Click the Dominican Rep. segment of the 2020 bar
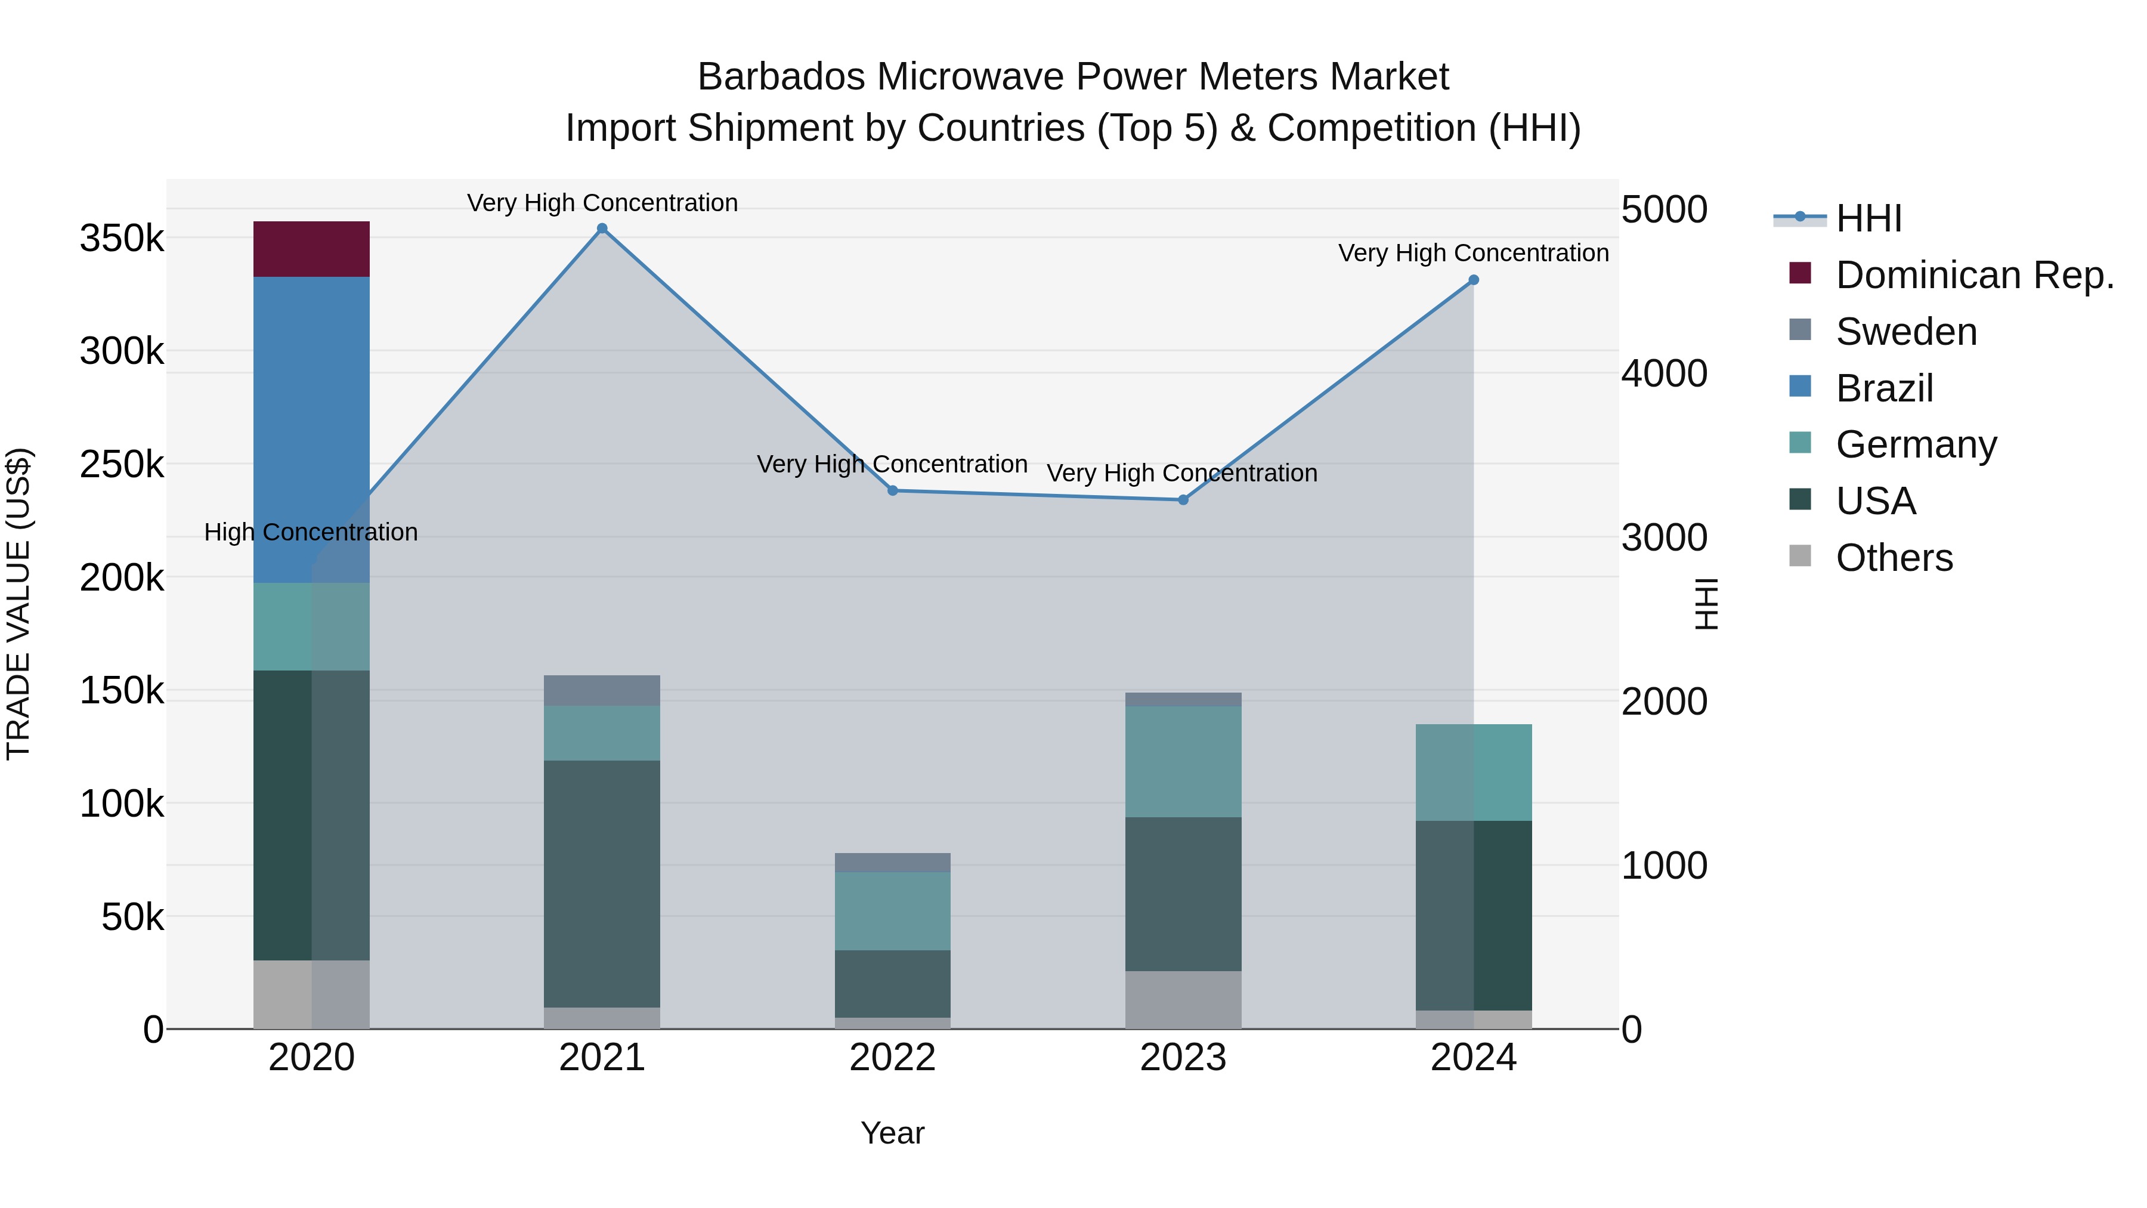[311, 248]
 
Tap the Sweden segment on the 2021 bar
[602, 690]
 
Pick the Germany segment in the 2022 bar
[892, 910]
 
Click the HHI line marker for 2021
[602, 228]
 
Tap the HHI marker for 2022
[892, 490]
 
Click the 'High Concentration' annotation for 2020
[311, 532]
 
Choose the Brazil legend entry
[1883, 388]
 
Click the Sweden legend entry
[1905, 332]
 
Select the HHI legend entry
[1868, 218]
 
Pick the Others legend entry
[1894, 558]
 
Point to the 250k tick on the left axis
[122, 464]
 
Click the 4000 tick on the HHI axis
[1663, 373]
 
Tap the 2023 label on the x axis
[1183, 1058]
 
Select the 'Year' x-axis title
[892, 1133]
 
